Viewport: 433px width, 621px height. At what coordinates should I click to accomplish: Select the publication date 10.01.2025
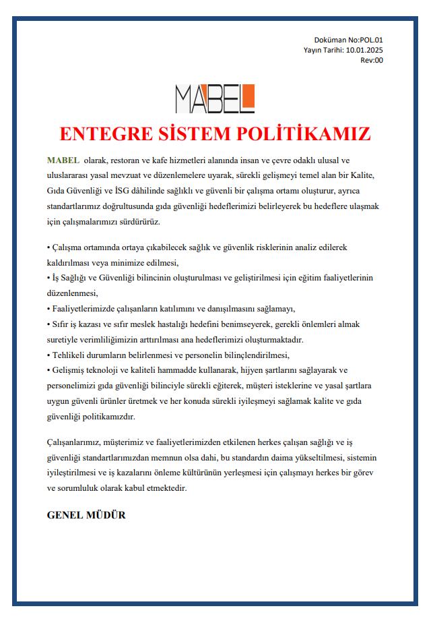[x=364, y=50]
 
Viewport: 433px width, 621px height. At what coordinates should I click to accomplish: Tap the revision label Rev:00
[x=372, y=60]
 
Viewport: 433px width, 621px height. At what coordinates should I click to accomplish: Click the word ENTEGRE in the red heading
[x=98, y=133]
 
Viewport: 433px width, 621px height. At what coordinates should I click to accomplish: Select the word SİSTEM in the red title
[x=190, y=133]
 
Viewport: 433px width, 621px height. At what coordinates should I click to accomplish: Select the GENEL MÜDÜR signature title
[x=86, y=516]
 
